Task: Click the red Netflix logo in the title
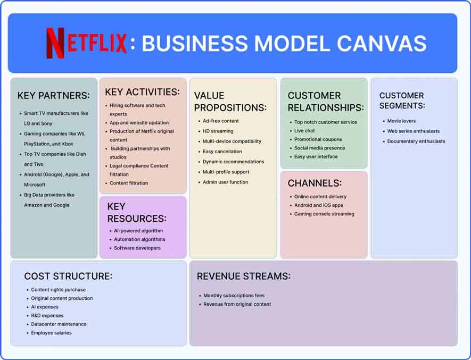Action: [86, 43]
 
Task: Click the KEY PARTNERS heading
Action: [53, 96]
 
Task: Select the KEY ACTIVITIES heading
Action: [142, 92]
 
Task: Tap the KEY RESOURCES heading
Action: [137, 212]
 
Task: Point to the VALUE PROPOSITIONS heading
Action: [230, 102]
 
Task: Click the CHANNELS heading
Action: [315, 183]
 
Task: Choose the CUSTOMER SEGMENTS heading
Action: [402, 101]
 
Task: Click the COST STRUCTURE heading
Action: [68, 277]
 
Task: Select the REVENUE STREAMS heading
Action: [244, 277]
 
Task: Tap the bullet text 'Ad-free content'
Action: [220, 121]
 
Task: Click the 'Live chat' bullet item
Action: [304, 131]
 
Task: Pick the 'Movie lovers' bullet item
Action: [401, 121]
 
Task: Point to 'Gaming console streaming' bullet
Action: [324, 214]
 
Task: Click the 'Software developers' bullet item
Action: [137, 248]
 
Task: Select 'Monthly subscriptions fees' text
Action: [234, 296]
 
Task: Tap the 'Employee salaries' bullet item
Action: [51, 333]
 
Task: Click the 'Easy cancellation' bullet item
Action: [222, 152]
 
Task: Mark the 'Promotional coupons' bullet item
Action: [318, 139]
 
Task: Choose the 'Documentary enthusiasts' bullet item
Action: [416, 141]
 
